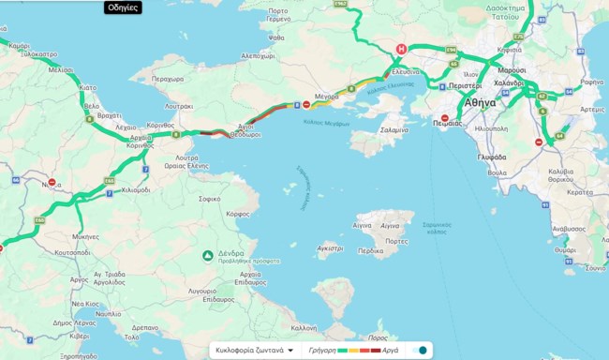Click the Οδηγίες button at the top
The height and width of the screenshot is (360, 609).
coord(123,7)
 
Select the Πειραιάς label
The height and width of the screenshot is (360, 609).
coord(446,122)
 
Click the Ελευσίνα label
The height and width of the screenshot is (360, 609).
coord(405,71)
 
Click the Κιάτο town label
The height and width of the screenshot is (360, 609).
coord(87,86)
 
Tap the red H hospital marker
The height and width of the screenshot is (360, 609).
coord(402,49)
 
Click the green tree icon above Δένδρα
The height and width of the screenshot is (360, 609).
coord(208,255)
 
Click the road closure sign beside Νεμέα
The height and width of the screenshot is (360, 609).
coord(52,184)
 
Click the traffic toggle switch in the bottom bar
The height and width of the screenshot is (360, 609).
coord(421,350)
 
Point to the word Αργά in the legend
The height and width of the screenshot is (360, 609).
coord(393,350)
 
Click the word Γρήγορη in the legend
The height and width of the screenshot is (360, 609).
coord(321,350)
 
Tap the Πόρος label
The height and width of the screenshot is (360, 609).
coord(379,337)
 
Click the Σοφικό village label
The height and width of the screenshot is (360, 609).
coord(210,199)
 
